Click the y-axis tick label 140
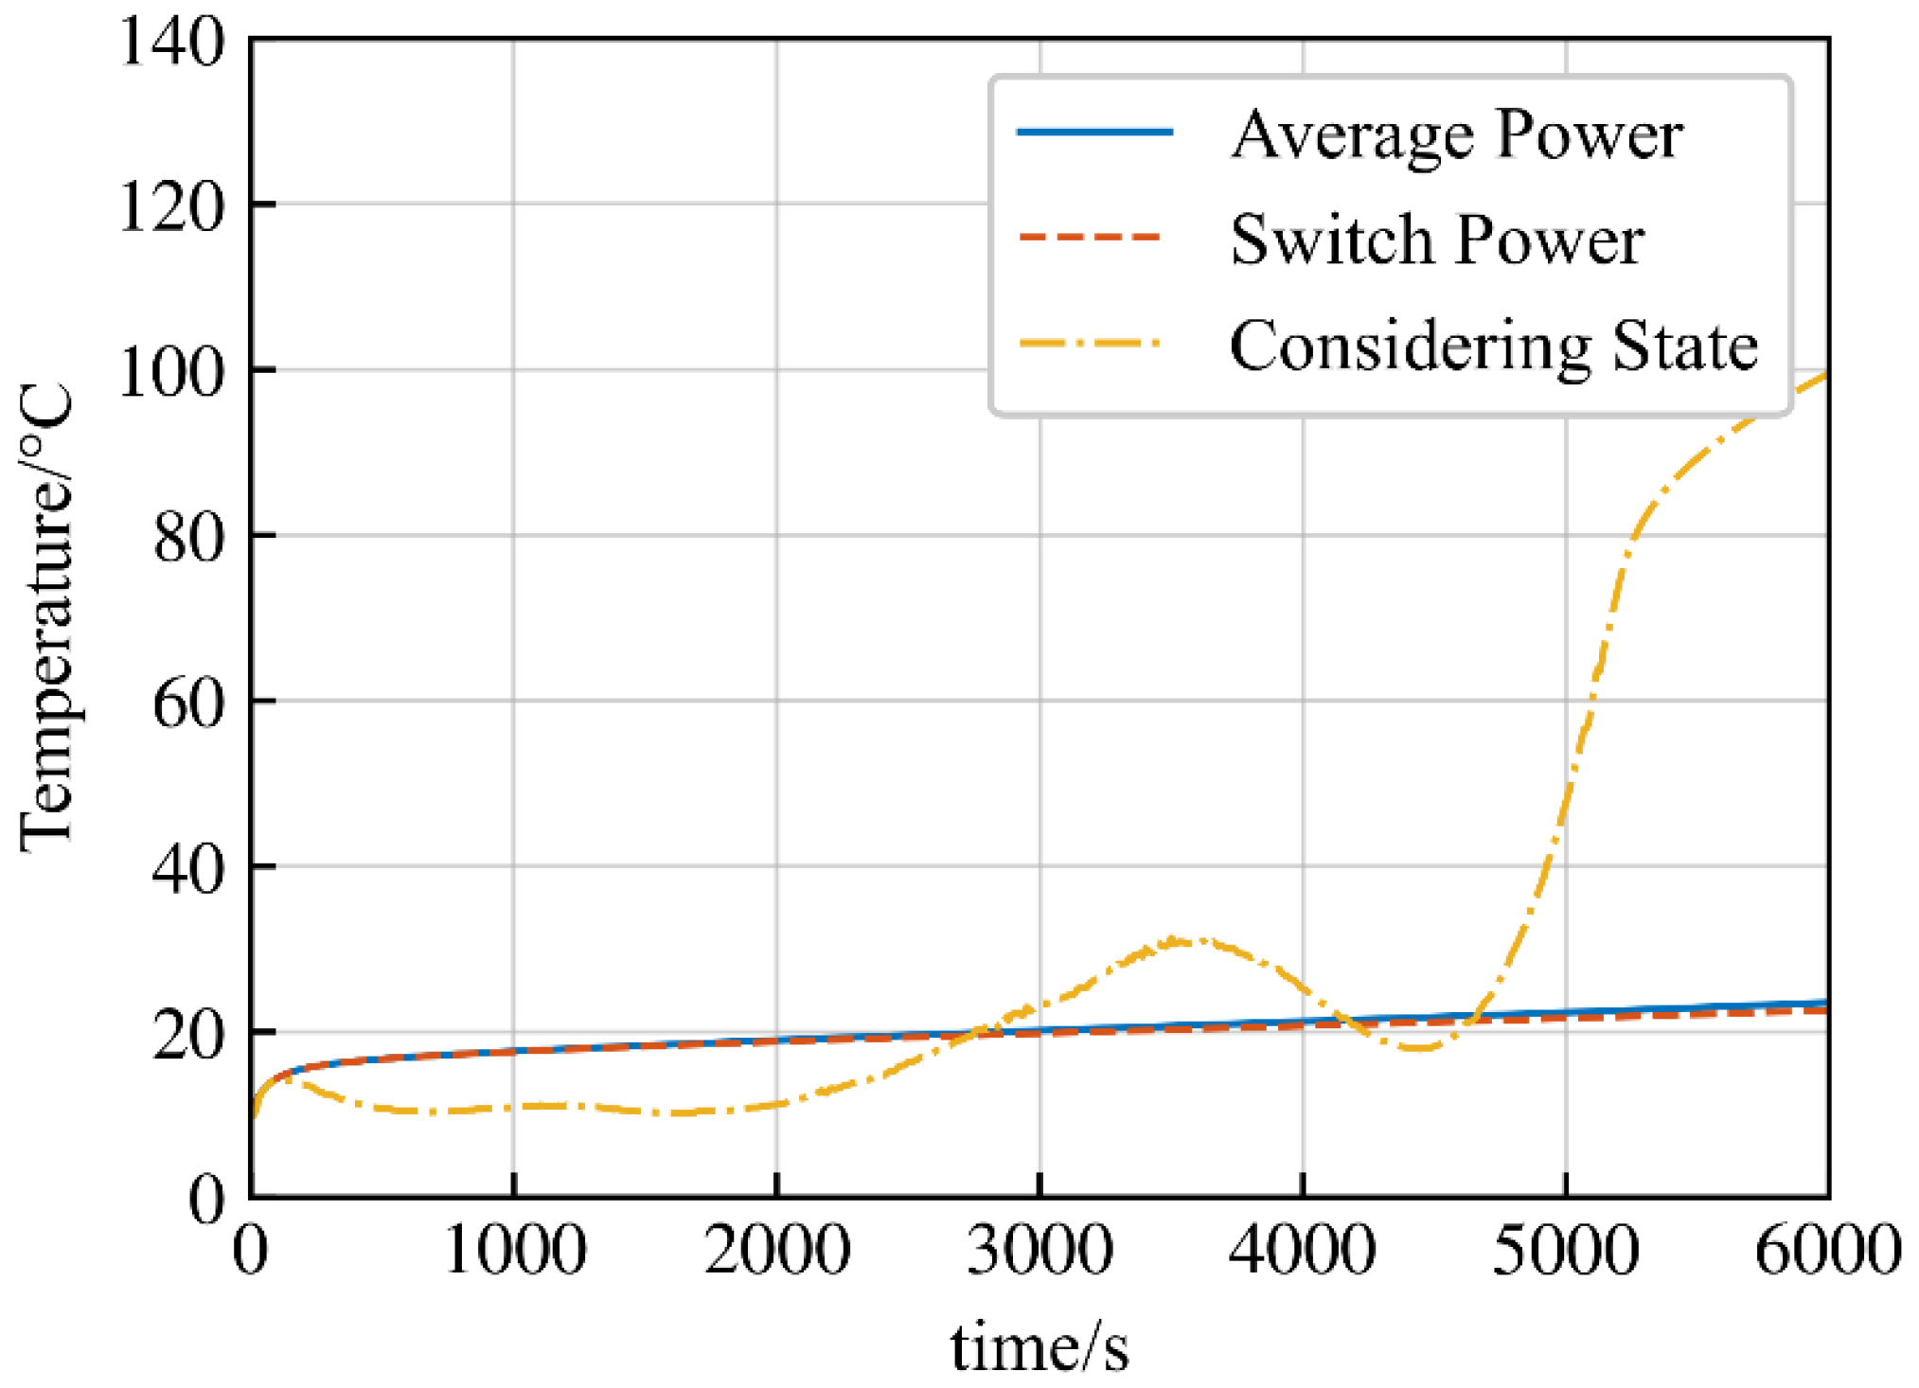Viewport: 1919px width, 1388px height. coord(171,43)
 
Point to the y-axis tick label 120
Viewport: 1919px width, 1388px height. coord(171,207)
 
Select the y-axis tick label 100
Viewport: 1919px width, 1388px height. coord(171,372)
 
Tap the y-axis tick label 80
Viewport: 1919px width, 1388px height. coord(188,538)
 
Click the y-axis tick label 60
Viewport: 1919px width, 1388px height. coord(188,703)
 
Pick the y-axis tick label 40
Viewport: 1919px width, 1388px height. coord(188,868)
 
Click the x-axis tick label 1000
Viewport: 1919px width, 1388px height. coord(514,1250)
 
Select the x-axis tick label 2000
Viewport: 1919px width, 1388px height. coord(776,1250)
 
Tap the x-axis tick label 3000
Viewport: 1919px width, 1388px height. coord(1039,1250)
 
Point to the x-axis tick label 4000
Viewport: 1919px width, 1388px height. coord(1303,1250)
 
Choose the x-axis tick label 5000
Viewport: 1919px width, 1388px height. coord(1566,1250)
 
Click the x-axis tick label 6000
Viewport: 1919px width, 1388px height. coord(1828,1250)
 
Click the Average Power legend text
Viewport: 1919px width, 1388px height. coord(1456,135)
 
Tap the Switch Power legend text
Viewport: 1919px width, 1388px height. coord(1436,240)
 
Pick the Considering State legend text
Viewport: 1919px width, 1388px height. coord(1493,345)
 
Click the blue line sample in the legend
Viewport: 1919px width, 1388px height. coord(1094,132)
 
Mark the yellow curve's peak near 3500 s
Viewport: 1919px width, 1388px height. coord(1179,940)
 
